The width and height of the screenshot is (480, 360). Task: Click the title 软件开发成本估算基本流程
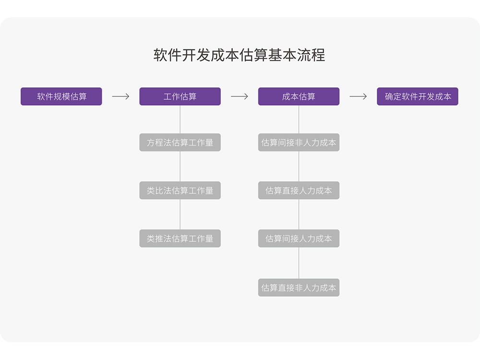239,55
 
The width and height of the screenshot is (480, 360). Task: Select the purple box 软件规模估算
61,96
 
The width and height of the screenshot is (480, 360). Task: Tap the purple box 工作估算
180,96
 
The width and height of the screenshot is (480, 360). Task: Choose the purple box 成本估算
299,96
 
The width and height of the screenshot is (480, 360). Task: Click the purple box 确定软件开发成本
418,96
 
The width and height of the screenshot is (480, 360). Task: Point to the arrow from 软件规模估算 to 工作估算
120,96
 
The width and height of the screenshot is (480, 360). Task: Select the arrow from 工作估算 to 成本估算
239,96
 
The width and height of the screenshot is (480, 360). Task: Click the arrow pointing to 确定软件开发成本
358,96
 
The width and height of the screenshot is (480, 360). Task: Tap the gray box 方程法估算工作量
180,143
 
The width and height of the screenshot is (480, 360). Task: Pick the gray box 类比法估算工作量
180,191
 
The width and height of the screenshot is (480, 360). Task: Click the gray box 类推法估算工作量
180,239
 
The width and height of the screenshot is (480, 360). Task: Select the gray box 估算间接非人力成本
299,143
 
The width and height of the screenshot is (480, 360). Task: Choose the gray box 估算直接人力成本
299,191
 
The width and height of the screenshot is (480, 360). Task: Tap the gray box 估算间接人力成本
299,239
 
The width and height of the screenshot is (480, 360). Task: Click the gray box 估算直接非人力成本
299,288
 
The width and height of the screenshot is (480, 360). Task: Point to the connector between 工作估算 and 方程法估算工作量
180,120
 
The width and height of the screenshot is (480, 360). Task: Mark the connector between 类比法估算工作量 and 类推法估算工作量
180,215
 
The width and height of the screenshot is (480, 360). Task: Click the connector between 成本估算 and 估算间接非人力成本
299,120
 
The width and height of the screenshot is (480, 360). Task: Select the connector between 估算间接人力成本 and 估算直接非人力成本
299,263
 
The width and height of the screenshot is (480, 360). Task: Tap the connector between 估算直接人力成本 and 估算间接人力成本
299,215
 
